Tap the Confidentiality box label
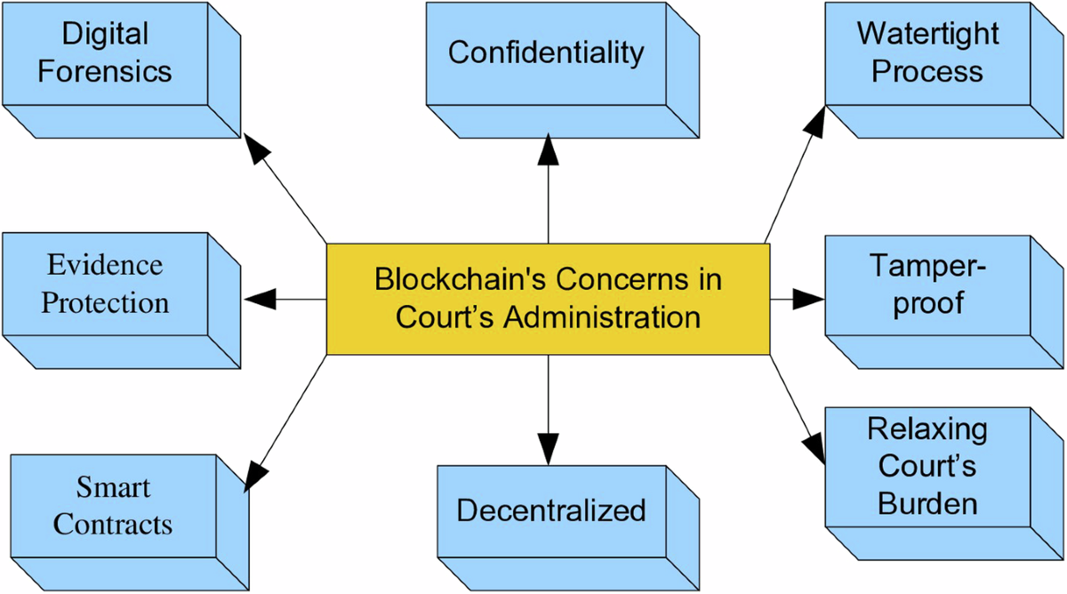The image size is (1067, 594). pyautogui.click(x=546, y=52)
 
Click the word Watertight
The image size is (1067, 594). pyautogui.click(x=927, y=35)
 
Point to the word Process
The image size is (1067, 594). pyautogui.click(x=927, y=71)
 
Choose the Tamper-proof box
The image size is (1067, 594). pyautogui.click(x=927, y=285)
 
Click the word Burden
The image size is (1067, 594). pyautogui.click(x=927, y=504)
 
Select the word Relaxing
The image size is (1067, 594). pyautogui.click(x=927, y=429)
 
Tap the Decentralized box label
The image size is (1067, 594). pyautogui.click(x=550, y=510)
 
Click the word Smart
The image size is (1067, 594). pyautogui.click(x=113, y=487)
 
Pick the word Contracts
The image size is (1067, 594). pyautogui.click(x=113, y=524)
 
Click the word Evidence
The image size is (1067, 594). pyautogui.click(x=105, y=265)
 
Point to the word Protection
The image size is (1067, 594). pyautogui.click(x=105, y=302)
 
